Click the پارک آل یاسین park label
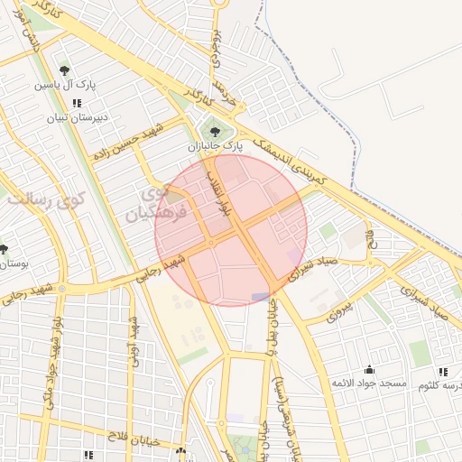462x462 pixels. (x=64, y=85)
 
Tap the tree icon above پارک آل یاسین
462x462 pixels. (x=64, y=70)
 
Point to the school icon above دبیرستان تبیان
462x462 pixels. (x=77, y=104)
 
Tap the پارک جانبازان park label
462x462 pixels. (x=217, y=145)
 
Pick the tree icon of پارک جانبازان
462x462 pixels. (x=214, y=132)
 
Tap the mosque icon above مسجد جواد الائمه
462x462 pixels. (x=369, y=370)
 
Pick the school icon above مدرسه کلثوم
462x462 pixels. (x=442, y=371)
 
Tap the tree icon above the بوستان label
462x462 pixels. (x=4, y=249)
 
